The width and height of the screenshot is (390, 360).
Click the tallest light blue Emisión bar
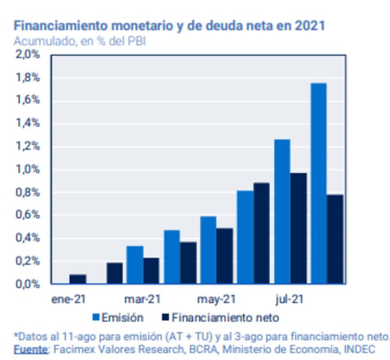[x=319, y=183]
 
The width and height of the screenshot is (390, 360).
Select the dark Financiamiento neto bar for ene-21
[x=78, y=279]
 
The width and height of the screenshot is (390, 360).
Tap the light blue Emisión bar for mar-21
[x=135, y=265]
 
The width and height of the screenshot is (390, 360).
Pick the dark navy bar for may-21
[x=225, y=256]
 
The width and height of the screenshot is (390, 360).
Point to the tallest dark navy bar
[x=298, y=228]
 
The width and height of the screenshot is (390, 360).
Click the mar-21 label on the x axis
[x=142, y=299]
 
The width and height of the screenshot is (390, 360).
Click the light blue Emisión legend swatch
[x=96, y=318]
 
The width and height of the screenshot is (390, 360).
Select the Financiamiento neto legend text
[x=225, y=318]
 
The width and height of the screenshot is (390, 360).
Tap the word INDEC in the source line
[x=360, y=349]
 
